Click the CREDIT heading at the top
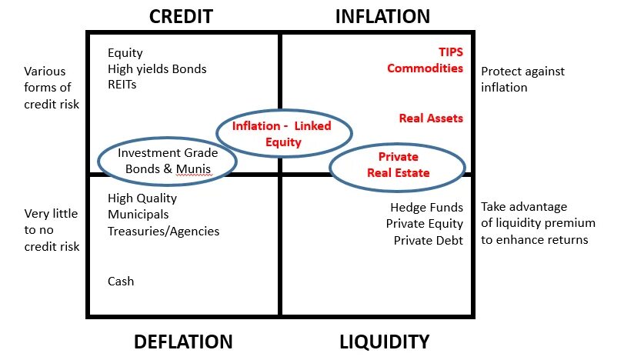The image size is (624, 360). coord(180,16)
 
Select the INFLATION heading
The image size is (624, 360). coord(382,16)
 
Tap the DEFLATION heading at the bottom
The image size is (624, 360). coord(183,342)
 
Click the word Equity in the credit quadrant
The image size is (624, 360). coord(125,53)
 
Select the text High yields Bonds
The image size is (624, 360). coord(157,69)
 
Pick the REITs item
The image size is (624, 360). coord(122,85)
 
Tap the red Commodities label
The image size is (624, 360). coord(425,68)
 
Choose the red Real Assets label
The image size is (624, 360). coord(431,118)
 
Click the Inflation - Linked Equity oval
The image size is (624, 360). coord(283,134)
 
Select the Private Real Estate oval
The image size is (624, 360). coord(398,165)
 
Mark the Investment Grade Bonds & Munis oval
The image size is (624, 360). coord(167,161)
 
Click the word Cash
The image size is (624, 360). coord(121,282)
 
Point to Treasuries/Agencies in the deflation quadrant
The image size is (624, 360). coord(163,232)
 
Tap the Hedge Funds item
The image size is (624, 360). coord(426,208)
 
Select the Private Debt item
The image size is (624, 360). coord(429,240)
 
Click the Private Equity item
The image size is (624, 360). coord(425,224)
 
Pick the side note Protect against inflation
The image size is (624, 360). coord(522,79)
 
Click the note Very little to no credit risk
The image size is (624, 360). coord(51,230)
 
